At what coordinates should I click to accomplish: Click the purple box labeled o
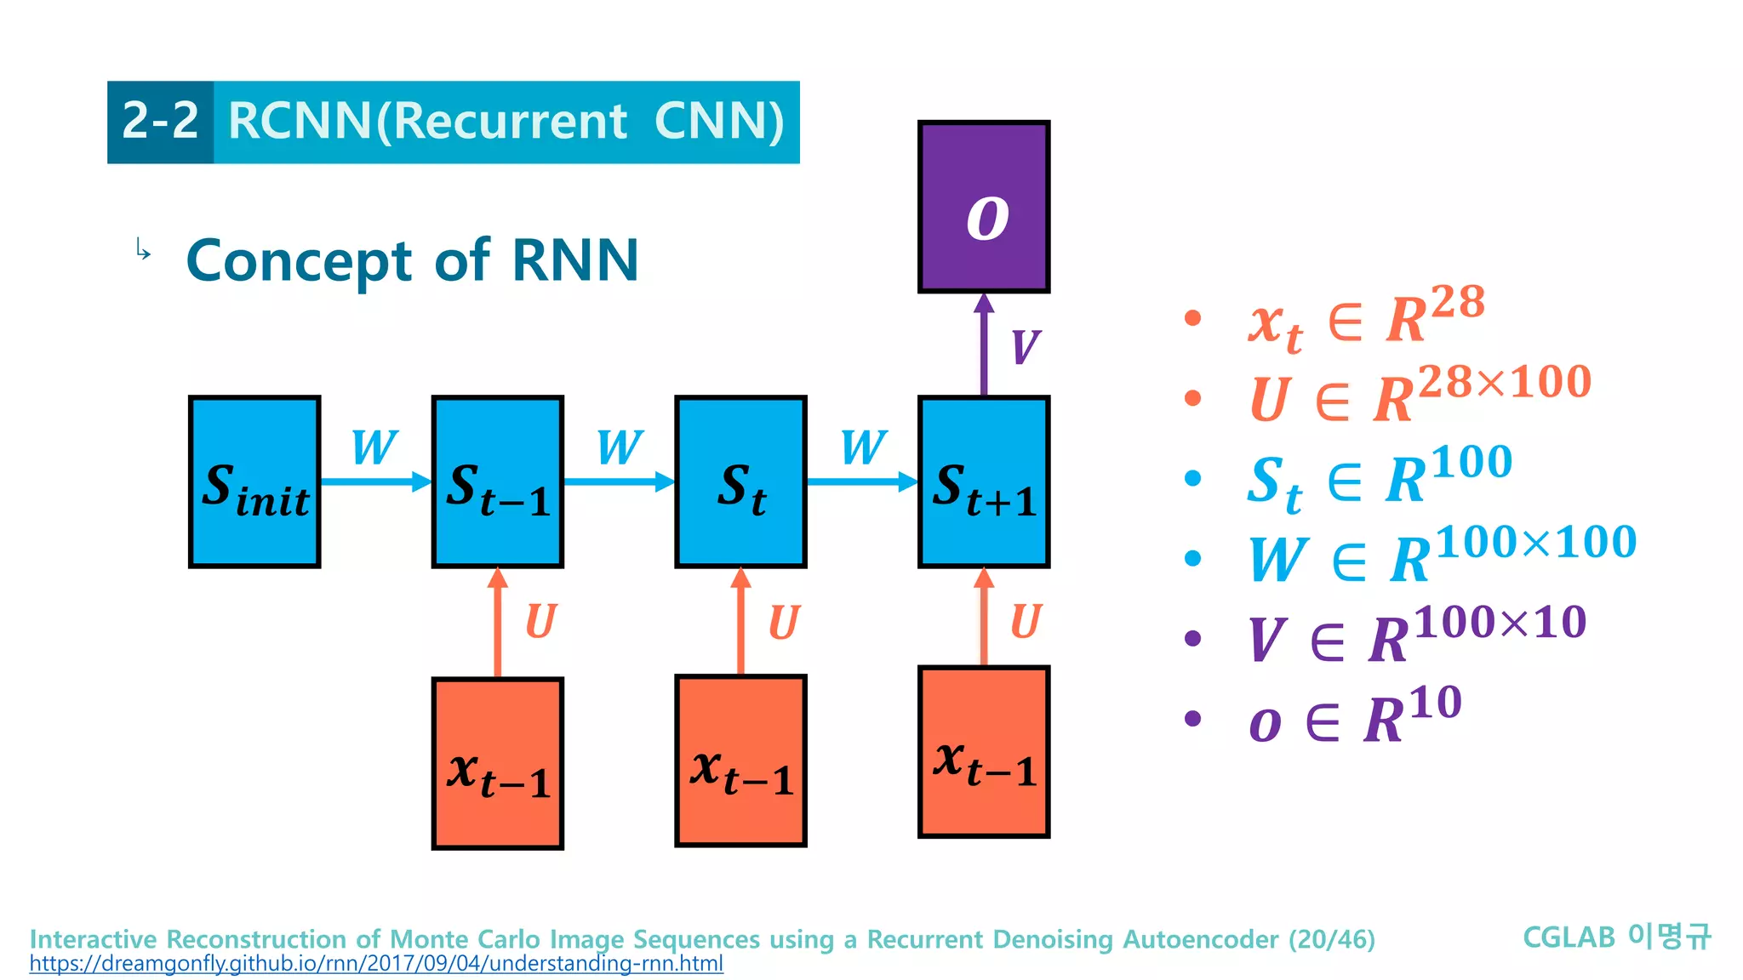click(x=984, y=207)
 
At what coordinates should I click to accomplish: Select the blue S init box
click(x=254, y=481)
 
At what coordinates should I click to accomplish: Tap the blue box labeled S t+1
click(x=984, y=481)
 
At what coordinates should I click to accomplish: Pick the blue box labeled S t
click(x=740, y=481)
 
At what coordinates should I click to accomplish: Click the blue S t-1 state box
click(x=498, y=481)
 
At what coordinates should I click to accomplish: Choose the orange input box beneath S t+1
click(x=984, y=752)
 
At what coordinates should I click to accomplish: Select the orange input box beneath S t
click(x=740, y=761)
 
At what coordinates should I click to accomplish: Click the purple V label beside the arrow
click(x=1025, y=347)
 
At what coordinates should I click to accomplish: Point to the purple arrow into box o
click(x=984, y=345)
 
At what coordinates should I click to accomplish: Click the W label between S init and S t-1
click(x=374, y=447)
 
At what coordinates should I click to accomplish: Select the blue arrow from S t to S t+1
click(x=861, y=482)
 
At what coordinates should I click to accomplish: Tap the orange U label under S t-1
click(x=540, y=622)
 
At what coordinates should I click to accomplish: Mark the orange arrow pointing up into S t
click(x=740, y=621)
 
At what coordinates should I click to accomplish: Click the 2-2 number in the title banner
click(x=160, y=122)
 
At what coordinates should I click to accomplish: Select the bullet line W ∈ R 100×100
click(x=1442, y=556)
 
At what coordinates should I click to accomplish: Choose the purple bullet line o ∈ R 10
click(x=1355, y=716)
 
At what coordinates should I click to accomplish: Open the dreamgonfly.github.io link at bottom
click(x=376, y=964)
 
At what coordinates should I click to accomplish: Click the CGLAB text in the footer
click(x=1569, y=937)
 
